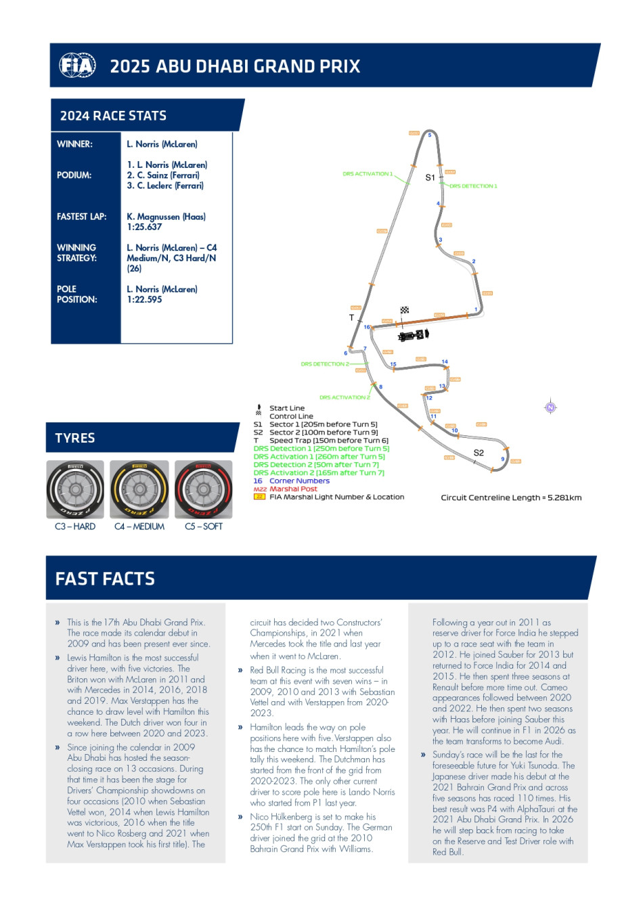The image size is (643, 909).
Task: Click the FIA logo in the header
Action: (x=77, y=66)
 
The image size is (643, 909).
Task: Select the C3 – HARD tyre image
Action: (x=75, y=490)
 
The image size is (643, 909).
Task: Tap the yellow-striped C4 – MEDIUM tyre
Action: (x=139, y=490)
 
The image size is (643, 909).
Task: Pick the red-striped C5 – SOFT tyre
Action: (x=203, y=490)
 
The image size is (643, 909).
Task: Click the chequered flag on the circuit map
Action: (x=405, y=311)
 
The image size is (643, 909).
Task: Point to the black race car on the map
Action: (x=414, y=335)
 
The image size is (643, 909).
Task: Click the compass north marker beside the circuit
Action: (x=550, y=407)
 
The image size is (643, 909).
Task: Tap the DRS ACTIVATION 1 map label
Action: (x=367, y=174)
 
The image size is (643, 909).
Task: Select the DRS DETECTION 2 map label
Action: (x=325, y=364)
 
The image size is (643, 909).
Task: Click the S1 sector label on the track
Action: (x=430, y=178)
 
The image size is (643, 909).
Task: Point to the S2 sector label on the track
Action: (x=479, y=453)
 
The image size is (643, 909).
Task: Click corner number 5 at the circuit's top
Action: (x=429, y=135)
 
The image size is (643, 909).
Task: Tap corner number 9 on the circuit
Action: (x=503, y=459)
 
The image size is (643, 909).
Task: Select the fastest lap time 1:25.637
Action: (x=144, y=227)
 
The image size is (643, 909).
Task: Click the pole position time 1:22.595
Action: (x=144, y=300)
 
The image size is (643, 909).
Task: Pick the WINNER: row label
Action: (x=74, y=144)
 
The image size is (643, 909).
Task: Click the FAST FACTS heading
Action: (x=105, y=579)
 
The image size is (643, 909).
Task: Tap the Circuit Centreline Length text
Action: (x=511, y=497)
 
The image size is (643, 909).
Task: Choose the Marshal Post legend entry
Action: (x=293, y=489)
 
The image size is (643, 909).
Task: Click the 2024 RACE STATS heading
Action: (x=113, y=116)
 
